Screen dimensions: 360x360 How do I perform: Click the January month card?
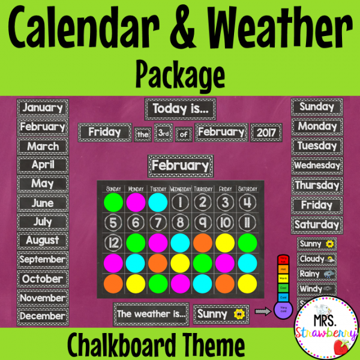(42, 108)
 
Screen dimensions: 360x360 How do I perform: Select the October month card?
(42, 279)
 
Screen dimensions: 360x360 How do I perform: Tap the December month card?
(42, 316)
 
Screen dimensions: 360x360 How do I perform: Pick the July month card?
(42, 222)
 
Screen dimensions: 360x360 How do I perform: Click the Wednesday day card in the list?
(317, 165)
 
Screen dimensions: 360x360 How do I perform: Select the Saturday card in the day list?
(317, 224)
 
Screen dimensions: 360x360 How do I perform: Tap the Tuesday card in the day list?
(317, 146)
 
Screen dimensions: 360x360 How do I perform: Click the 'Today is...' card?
(179, 109)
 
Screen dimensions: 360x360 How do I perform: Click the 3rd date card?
(163, 132)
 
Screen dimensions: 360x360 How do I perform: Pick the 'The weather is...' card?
(151, 313)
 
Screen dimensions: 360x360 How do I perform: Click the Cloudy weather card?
(317, 259)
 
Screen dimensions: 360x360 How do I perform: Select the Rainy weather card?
(317, 274)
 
